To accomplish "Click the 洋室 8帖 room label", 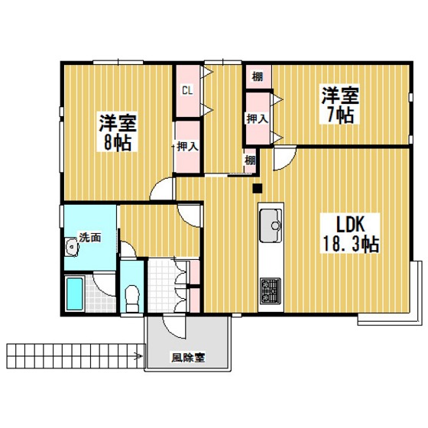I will pyautogui.click(x=116, y=132).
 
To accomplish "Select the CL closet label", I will pyautogui.click(x=186, y=90).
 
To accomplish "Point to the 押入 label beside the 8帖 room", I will pyautogui.click(x=187, y=146).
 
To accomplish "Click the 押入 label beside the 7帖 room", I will pyautogui.click(x=257, y=118).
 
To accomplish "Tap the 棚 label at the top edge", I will pyautogui.click(x=258, y=76).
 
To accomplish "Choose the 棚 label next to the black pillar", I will pyautogui.click(x=250, y=160).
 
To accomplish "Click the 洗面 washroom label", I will pyautogui.click(x=91, y=237).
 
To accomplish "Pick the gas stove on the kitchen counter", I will pyautogui.click(x=271, y=289).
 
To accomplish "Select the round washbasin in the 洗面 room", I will pyautogui.click(x=73, y=245).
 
